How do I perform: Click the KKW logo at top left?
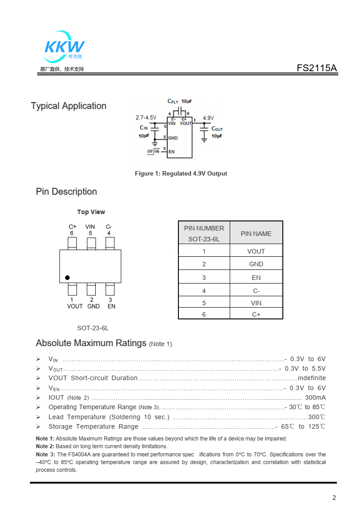click(x=64, y=47)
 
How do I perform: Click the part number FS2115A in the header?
click(x=317, y=68)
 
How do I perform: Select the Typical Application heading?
click(x=69, y=106)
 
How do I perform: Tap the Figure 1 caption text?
click(x=181, y=173)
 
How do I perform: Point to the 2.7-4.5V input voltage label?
click(x=146, y=117)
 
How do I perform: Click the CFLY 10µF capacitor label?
click(x=180, y=101)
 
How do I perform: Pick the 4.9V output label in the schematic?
click(x=208, y=118)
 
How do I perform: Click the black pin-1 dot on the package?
click(x=67, y=277)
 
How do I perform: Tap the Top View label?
click(x=91, y=212)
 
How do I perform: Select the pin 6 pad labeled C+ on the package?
click(x=72, y=244)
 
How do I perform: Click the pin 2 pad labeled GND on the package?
click(x=91, y=289)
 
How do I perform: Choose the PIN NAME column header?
click(x=256, y=234)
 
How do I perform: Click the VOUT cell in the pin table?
click(x=256, y=251)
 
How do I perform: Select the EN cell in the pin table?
click(x=256, y=278)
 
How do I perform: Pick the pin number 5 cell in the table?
click(x=204, y=303)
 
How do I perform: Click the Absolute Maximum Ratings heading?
click(x=91, y=343)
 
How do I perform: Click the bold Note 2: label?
click(x=45, y=446)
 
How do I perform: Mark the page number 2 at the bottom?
click(x=334, y=498)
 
